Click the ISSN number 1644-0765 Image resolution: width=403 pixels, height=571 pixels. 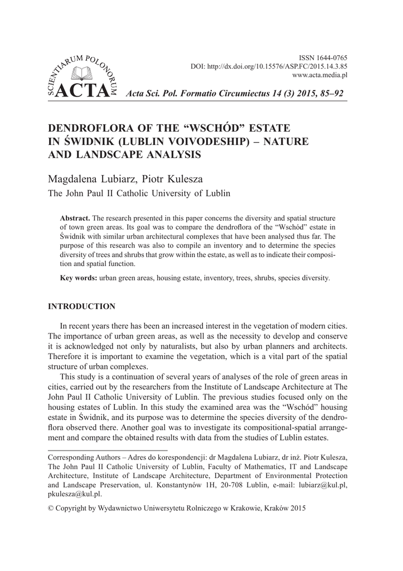[x=331, y=58]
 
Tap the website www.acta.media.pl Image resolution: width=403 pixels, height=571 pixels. [x=320, y=74]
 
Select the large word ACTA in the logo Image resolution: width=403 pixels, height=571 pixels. [x=80, y=93]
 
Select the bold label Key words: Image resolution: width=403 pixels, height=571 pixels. [x=79, y=278]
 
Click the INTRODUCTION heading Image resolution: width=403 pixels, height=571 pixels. [x=82, y=307]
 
